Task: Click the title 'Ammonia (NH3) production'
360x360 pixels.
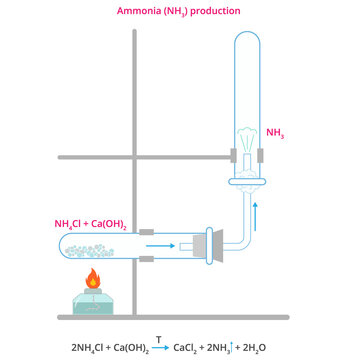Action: click(x=180, y=11)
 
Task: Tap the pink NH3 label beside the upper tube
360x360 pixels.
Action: click(x=276, y=131)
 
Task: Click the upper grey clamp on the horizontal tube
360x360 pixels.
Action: click(x=146, y=231)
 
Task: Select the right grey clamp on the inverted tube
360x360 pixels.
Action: click(x=261, y=157)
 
